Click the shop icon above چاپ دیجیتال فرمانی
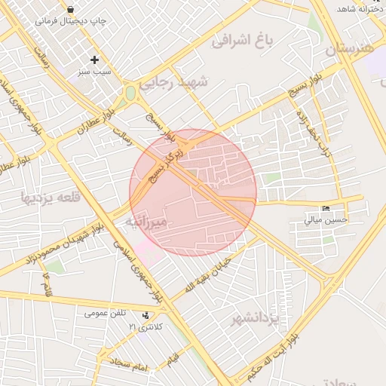pyautogui.click(x=70, y=10)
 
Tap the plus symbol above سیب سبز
pyautogui.click(x=94, y=60)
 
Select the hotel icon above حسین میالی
pyautogui.click(x=326, y=208)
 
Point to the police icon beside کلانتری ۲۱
pyautogui.click(x=146, y=315)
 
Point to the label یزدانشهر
pyautogui.click(x=256, y=319)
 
